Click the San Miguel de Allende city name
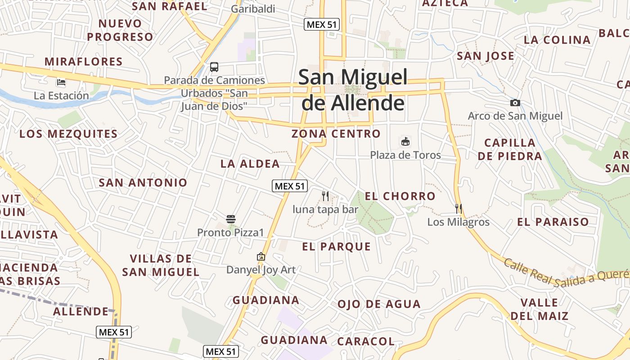[353, 90]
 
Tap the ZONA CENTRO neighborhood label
[336, 134]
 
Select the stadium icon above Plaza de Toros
[405, 142]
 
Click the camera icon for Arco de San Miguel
[515, 103]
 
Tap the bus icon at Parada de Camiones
[214, 67]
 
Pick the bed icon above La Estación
[61, 82]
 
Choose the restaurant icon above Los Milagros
[459, 208]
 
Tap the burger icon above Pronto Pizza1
[231, 219]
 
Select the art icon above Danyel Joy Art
[261, 256]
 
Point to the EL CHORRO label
[400, 196]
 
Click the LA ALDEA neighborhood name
[250, 164]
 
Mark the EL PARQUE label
[337, 247]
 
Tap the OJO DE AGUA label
[379, 304]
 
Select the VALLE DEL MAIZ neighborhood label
[540, 309]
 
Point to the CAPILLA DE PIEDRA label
[510, 149]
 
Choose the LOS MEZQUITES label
[68, 134]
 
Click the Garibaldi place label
[253, 9]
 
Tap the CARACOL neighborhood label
[366, 342]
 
